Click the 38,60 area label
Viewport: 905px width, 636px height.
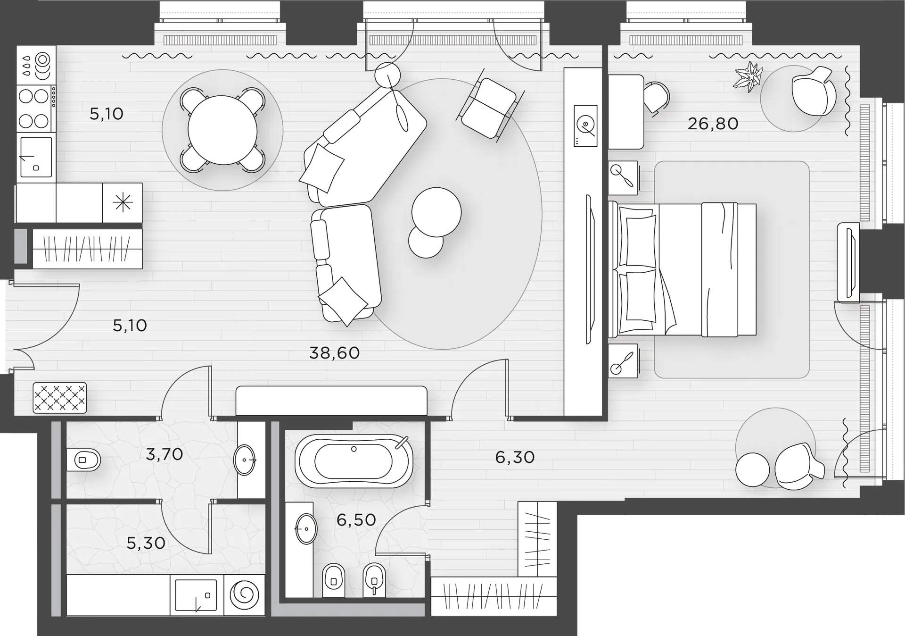tap(334, 353)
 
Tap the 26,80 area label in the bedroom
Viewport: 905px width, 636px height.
tap(713, 124)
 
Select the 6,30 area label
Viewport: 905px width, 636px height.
tap(515, 457)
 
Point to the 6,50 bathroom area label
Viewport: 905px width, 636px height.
tap(356, 520)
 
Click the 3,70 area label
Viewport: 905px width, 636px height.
tap(164, 454)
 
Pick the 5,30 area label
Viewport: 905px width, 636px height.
tap(146, 543)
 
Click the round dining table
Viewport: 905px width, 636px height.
tap(222, 130)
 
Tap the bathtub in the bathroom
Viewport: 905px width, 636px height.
tap(354, 461)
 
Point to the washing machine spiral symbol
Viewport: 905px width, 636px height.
tap(244, 595)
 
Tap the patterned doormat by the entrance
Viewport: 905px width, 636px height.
tap(60, 398)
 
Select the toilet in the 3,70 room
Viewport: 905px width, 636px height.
tap(83, 459)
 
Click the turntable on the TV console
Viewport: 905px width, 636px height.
tap(585, 126)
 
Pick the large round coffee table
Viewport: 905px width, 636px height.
tap(436, 212)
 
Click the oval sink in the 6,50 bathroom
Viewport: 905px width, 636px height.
tap(306, 529)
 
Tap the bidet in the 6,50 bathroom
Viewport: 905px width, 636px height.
tap(375, 580)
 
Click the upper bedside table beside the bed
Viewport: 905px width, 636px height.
tap(623, 178)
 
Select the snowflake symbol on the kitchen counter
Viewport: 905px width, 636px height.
tap(123, 203)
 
